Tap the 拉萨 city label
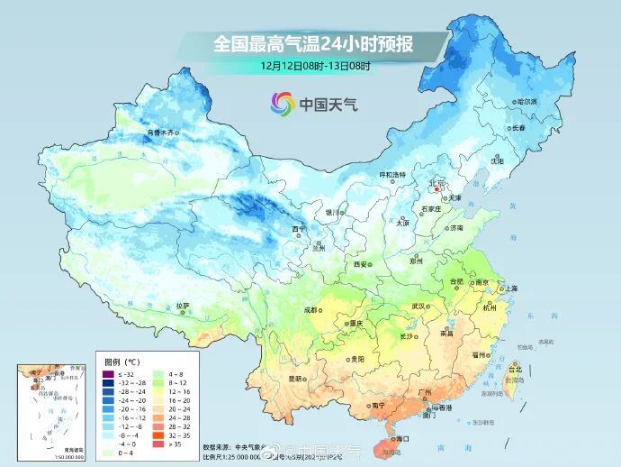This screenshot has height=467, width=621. pyautogui.click(x=183, y=306)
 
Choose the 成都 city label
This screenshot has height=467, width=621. pyautogui.click(x=311, y=309)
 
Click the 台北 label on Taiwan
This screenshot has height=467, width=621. pyautogui.click(x=515, y=370)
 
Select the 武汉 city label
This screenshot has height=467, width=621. pyautogui.click(x=418, y=306)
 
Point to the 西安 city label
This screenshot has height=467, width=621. pyautogui.click(x=361, y=264)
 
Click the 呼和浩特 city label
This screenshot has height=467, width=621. pyautogui.click(x=391, y=174)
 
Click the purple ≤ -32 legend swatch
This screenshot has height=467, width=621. pyautogui.click(x=108, y=373)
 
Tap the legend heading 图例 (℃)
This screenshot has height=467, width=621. pyautogui.click(x=122, y=362)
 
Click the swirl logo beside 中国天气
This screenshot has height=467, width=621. pyautogui.click(x=283, y=104)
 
